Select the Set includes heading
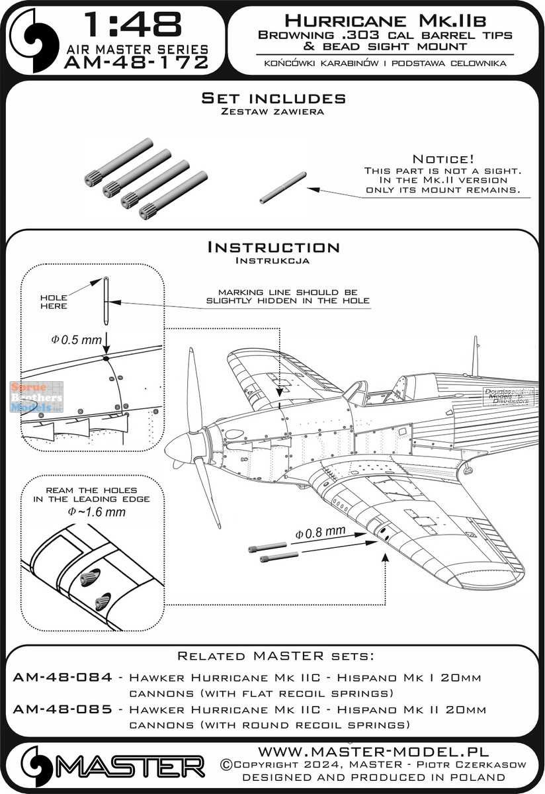(x=273, y=99)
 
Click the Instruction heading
(x=273, y=247)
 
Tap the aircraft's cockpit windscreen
(x=357, y=392)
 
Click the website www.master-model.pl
(x=372, y=752)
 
